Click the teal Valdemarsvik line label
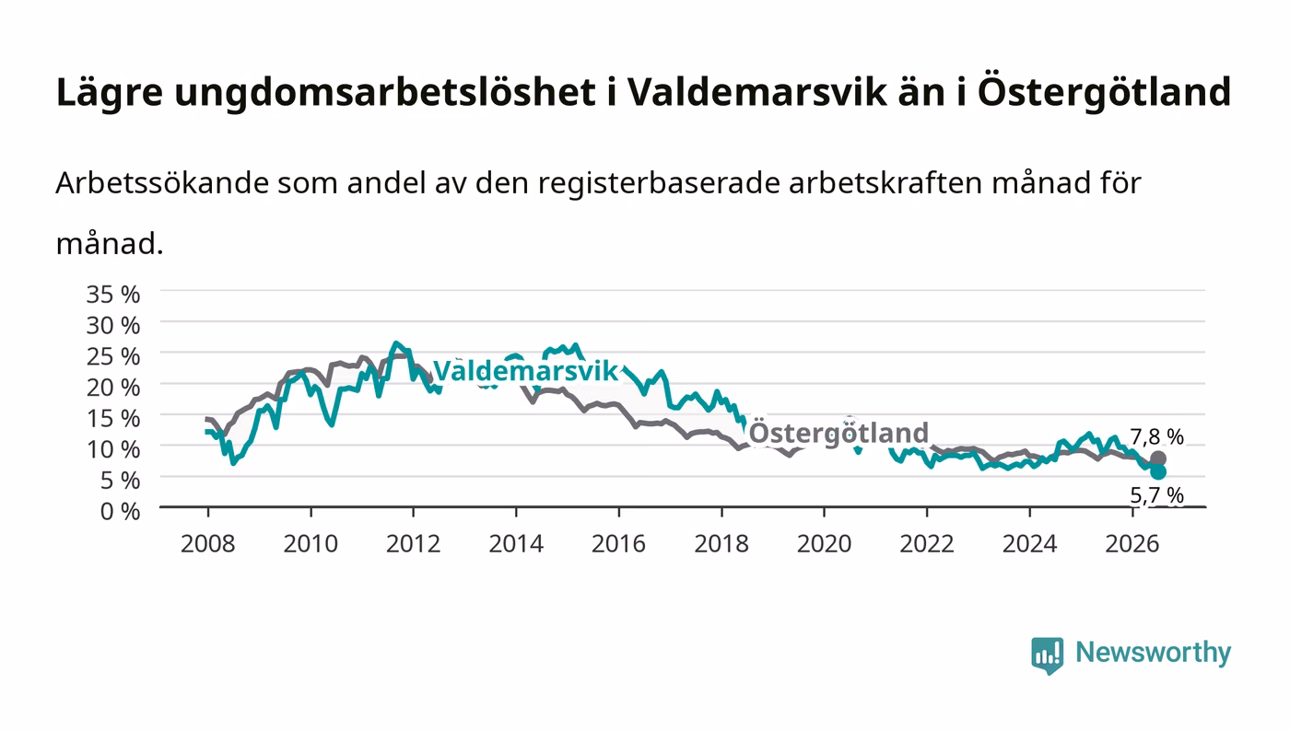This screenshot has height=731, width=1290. (525, 371)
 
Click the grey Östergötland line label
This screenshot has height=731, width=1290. (838, 433)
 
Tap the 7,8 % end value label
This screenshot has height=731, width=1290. (1156, 437)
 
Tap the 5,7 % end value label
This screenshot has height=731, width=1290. (1156, 495)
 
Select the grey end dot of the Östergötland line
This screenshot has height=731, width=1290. (1158, 458)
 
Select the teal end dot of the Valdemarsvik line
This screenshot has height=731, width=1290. (1158, 472)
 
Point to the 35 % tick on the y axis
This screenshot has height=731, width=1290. (113, 295)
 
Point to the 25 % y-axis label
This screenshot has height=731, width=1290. (113, 357)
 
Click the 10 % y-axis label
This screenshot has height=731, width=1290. (113, 449)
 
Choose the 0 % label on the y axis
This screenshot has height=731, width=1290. (121, 511)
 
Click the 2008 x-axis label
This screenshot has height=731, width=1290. (208, 544)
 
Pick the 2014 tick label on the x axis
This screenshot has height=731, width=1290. (516, 544)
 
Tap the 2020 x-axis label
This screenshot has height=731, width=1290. (824, 544)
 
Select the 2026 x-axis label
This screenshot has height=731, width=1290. (1132, 544)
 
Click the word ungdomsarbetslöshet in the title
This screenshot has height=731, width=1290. (385, 92)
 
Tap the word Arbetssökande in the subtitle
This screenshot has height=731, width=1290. (162, 183)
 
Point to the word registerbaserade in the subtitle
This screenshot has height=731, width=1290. (660, 184)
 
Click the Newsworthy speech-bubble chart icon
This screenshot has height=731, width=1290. (1047, 656)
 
